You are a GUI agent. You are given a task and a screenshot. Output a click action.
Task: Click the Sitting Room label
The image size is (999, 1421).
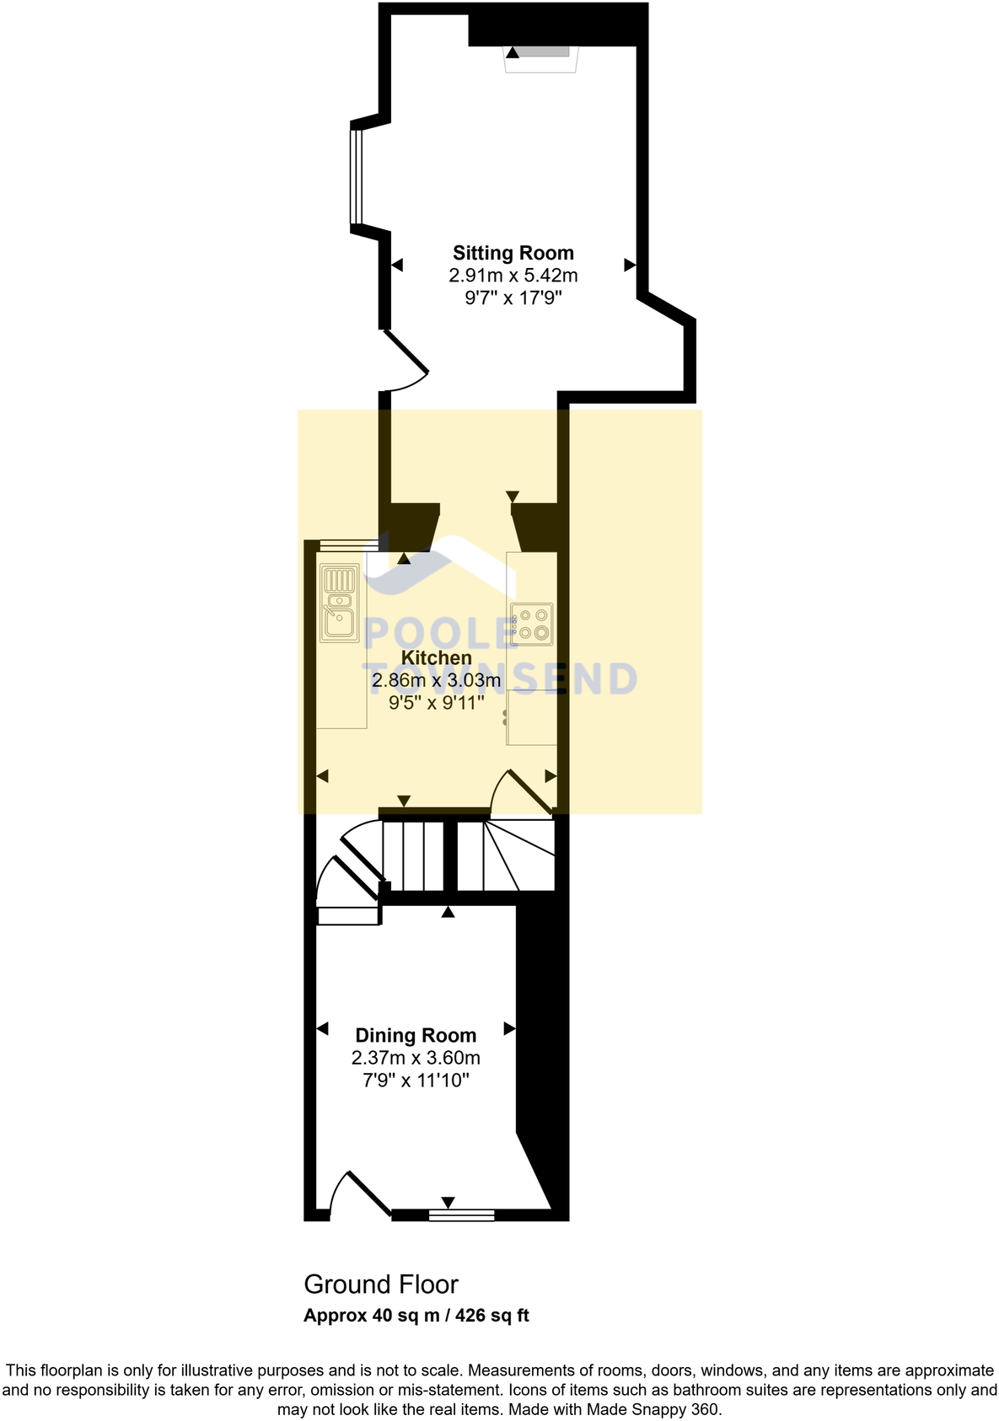pyautogui.click(x=513, y=253)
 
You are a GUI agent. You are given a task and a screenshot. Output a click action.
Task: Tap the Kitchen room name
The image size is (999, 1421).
pyautogui.click(x=436, y=657)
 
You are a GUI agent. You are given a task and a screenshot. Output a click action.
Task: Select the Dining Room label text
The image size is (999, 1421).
pyautogui.click(x=416, y=1035)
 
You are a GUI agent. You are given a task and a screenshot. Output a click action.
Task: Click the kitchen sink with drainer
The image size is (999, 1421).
pyautogui.click(x=340, y=603)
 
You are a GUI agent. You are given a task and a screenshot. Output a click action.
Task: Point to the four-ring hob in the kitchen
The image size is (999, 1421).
pyautogui.click(x=532, y=624)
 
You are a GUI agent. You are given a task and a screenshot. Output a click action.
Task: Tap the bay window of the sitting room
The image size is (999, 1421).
pyautogui.click(x=357, y=177)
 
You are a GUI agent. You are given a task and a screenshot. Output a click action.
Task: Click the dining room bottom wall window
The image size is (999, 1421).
pyautogui.click(x=461, y=1215)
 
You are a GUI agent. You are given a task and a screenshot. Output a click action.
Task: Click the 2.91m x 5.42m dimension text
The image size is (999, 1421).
pyautogui.click(x=513, y=276)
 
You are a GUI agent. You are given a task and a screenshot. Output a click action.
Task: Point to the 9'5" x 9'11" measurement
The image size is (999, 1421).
pyautogui.click(x=436, y=703)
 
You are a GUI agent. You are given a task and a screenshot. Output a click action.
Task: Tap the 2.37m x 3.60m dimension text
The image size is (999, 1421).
pyautogui.click(x=416, y=1058)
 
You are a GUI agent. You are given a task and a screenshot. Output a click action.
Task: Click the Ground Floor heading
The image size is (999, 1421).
pyautogui.click(x=381, y=1284)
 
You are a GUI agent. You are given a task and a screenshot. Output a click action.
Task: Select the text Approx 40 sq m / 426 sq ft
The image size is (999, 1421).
pyautogui.click(x=416, y=1316)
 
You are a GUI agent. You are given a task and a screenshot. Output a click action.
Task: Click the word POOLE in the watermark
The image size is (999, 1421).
pyautogui.click(x=438, y=634)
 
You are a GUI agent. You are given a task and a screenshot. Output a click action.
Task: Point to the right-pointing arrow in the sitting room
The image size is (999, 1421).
pyautogui.click(x=629, y=265)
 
